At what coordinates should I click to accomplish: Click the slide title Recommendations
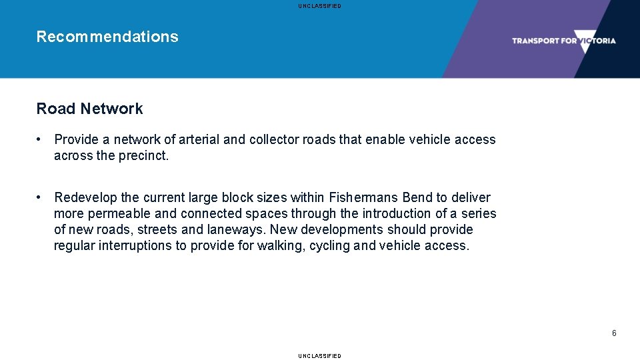tap(107, 37)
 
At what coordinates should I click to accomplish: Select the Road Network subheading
tap(89, 109)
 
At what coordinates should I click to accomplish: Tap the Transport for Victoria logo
tap(563, 41)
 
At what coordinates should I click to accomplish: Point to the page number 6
tap(614, 333)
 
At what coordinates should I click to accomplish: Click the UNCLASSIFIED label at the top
tap(319, 6)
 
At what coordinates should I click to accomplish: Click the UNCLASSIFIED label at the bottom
tap(319, 356)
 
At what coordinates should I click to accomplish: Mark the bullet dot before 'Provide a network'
tap(41, 139)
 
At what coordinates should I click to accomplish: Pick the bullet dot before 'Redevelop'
tap(41, 197)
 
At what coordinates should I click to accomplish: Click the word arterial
tap(199, 139)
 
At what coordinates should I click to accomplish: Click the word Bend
tap(418, 197)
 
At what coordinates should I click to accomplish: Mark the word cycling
tap(331, 245)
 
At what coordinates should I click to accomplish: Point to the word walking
tap(281, 245)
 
